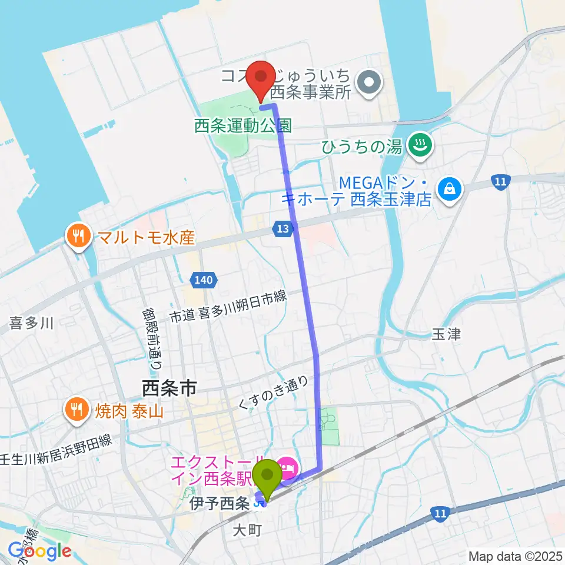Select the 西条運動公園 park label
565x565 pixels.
[243, 125]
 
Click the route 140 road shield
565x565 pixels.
[203, 281]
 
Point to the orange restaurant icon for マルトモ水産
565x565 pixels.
[77, 237]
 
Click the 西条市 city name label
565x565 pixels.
[169, 388]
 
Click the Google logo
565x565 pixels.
[39, 551]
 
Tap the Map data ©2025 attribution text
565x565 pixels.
[514, 556]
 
